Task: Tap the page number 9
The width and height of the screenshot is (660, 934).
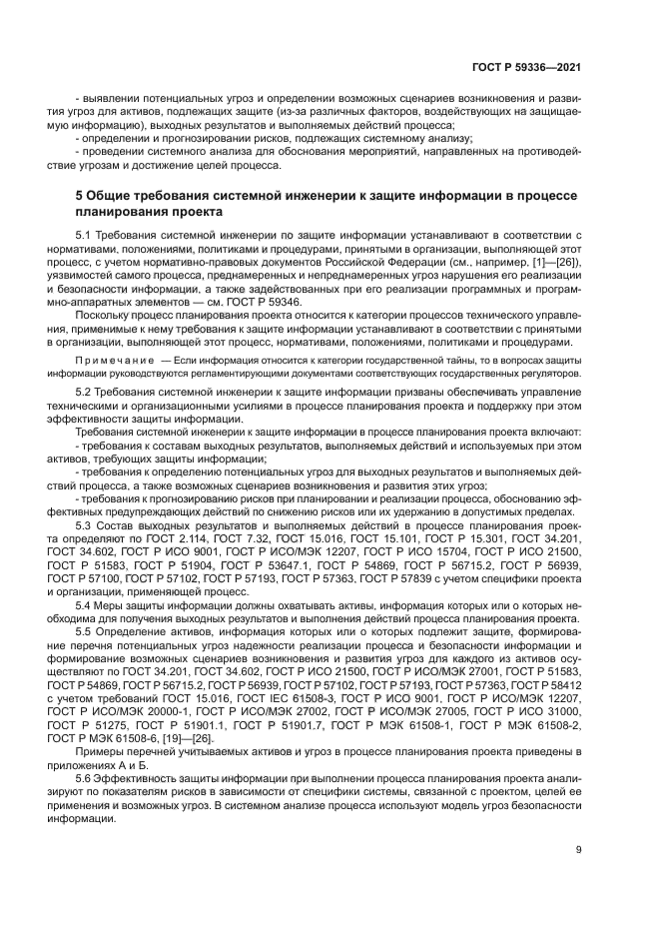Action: [579, 851]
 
